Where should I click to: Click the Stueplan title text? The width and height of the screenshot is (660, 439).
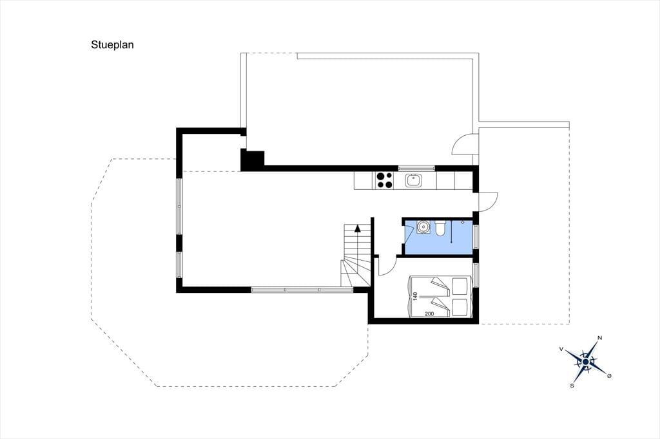point(112,45)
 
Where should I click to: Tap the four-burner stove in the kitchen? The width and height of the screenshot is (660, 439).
point(384,180)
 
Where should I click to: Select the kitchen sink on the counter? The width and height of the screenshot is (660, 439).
point(413,180)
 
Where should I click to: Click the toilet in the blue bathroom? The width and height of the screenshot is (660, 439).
point(440,228)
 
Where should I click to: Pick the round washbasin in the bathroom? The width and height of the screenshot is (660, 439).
point(423,227)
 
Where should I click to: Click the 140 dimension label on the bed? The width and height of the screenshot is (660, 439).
point(415,296)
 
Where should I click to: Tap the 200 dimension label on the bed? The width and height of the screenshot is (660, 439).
point(429,313)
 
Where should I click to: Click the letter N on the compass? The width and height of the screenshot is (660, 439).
point(600,338)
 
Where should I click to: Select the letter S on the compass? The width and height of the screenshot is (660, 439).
point(572,385)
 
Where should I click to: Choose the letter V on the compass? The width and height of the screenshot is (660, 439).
point(561,349)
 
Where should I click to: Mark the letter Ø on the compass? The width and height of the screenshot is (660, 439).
point(609,375)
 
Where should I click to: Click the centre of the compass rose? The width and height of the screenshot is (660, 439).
point(585,362)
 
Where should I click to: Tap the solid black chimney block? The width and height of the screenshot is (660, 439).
point(252,160)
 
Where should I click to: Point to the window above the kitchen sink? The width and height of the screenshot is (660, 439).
point(417,168)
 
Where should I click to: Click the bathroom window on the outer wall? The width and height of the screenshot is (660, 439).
point(476,237)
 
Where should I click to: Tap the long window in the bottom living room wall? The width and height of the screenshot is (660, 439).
point(302,289)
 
